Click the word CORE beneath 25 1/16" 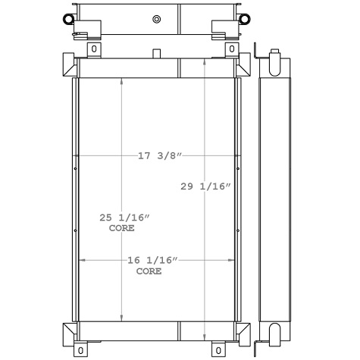pyautogui.click(x=121, y=228)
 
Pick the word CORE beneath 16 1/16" pyautogui.click(x=149, y=271)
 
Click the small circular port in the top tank pyautogui.click(x=156, y=19)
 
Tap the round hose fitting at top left pyautogui.click(x=69, y=18)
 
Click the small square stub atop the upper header pyautogui.click(x=156, y=53)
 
